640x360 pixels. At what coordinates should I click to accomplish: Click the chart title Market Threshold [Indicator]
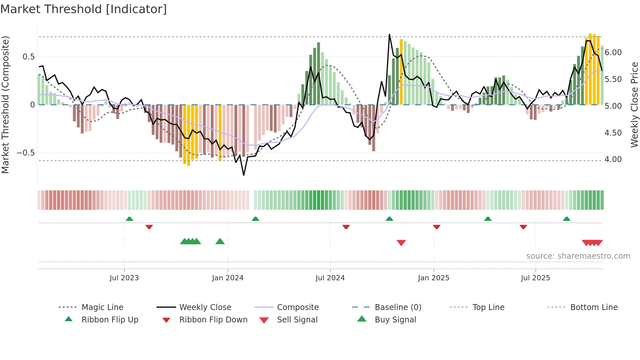tap(84, 9)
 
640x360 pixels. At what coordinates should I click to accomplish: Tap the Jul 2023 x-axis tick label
tap(124, 278)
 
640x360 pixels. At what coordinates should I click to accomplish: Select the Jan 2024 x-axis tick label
tap(228, 278)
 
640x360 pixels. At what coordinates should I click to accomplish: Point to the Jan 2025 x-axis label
tap(434, 278)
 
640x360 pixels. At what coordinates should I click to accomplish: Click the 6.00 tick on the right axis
tap(613, 53)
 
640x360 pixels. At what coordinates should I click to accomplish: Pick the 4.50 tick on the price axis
tap(613, 133)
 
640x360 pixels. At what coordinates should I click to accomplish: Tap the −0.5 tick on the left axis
tap(26, 153)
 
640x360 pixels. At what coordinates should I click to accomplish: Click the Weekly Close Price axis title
tap(634, 105)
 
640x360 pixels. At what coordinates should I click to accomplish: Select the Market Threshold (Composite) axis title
tap(5, 105)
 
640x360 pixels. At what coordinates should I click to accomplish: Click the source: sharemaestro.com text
tap(578, 256)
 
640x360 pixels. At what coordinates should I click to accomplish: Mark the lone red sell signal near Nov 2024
tap(401, 243)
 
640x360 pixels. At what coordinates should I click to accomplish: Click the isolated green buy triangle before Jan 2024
tap(220, 241)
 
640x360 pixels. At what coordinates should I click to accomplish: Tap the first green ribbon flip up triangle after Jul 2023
tap(129, 219)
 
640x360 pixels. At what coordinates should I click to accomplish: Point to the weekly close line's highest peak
tap(390, 34)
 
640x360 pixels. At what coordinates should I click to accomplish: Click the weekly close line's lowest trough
tap(244, 175)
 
